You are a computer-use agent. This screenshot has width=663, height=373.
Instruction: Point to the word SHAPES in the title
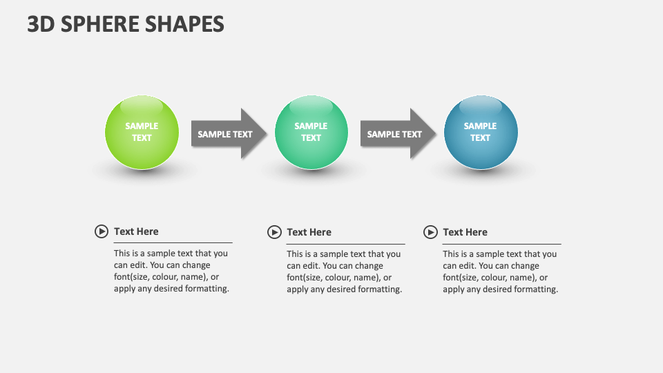(x=185, y=24)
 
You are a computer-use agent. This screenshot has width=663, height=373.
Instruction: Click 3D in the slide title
(x=41, y=24)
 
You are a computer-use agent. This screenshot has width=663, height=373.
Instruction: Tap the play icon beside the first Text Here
(x=102, y=231)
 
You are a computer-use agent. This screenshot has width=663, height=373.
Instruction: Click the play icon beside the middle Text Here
(x=274, y=232)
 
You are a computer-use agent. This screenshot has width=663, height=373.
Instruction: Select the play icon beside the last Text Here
(x=430, y=232)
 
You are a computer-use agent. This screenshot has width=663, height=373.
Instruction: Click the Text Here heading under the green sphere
(x=136, y=231)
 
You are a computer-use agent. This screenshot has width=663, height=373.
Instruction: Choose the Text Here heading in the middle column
(x=309, y=232)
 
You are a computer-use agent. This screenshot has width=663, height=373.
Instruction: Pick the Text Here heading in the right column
(x=465, y=232)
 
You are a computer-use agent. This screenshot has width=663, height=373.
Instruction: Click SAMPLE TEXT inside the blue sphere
(x=481, y=131)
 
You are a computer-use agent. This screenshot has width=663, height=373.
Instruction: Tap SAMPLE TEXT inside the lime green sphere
(x=142, y=131)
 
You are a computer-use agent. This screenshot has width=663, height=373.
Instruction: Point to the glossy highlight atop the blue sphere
(x=481, y=106)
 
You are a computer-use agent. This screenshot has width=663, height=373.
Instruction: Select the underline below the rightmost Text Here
(x=501, y=244)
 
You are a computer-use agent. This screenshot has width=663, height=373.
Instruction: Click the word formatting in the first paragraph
(x=206, y=289)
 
